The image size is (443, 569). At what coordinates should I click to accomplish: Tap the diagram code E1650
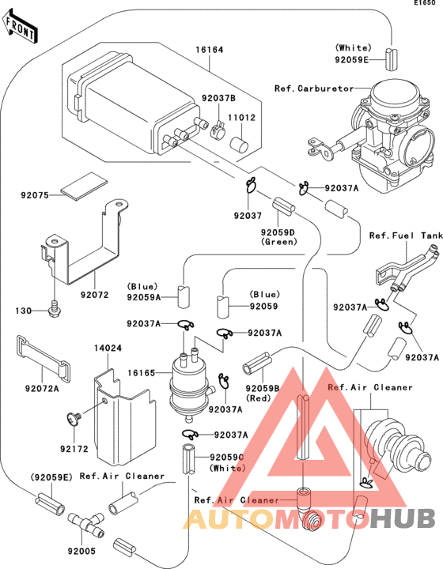(425, 5)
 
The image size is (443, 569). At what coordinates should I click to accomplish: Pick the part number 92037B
(225, 99)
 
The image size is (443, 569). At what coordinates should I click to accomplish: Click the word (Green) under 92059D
(280, 242)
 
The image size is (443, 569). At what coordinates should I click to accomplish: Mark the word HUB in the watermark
(403, 518)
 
